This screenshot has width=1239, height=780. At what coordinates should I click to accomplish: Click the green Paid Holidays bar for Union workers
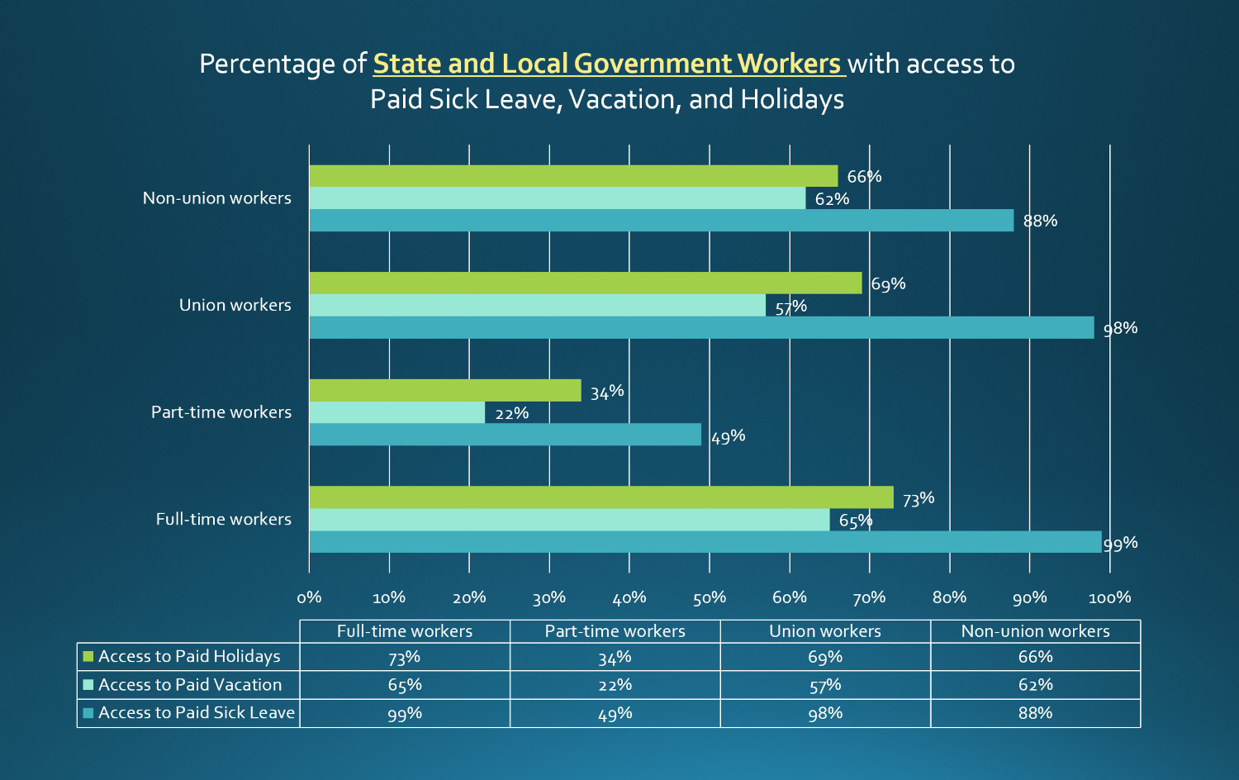click(585, 283)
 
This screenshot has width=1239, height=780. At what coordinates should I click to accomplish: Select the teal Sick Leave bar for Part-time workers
click(505, 435)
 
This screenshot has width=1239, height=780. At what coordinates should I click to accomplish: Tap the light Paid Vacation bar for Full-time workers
click(569, 520)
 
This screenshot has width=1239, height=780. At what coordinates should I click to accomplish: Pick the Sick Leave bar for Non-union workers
click(661, 221)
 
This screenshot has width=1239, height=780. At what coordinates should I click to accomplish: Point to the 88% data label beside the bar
click(1040, 221)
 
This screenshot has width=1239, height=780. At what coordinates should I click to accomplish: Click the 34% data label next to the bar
click(606, 392)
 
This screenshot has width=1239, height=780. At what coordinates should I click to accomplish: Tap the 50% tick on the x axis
click(709, 597)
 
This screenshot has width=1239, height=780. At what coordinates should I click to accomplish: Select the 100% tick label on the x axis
click(1109, 597)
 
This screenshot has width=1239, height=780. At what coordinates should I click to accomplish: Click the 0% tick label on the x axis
click(309, 597)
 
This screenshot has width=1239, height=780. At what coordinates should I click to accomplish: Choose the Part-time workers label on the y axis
click(221, 412)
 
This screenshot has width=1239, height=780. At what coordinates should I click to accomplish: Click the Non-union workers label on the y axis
click(216, 198)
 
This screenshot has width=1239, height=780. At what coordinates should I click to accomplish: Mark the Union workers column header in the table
click(824, 631)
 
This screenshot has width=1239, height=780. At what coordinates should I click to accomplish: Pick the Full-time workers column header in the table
click(405, 631)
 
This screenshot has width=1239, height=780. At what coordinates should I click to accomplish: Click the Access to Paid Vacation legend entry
click(189, 685)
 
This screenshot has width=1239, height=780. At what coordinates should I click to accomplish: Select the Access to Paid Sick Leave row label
click(196, 713)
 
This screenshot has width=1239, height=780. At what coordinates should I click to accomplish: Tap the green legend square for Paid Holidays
click(88, 657)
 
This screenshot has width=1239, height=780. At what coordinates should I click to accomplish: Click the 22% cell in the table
click(615, 685)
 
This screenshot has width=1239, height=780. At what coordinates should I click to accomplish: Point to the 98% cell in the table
click(824, 713)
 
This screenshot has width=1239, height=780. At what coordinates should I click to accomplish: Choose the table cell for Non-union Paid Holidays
click(1035, 657)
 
